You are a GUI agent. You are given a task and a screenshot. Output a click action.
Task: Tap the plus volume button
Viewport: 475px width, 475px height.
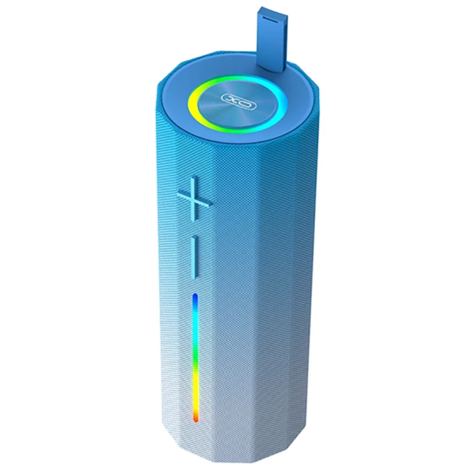(195, 198)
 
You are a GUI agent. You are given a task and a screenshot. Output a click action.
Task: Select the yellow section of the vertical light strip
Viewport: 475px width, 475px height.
(195, 389)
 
